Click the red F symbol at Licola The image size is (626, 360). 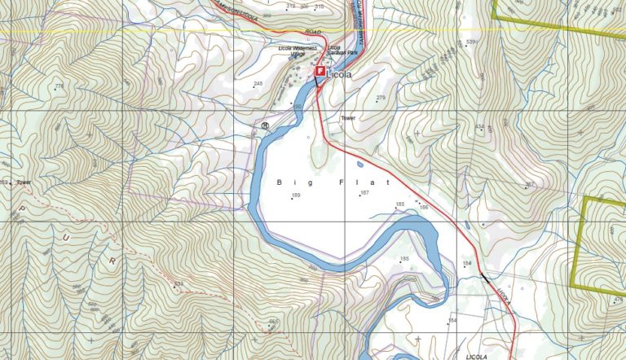[x=320, y=72]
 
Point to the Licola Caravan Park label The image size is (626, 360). [x=342, y=50]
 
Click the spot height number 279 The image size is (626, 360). [x=380, y=98]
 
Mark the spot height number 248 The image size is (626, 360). [x=258, y=84]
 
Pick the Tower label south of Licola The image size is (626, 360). [x=348, y=118]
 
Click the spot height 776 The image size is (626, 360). [x=59, y=86]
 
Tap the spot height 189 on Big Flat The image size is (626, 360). [x=296, y=196]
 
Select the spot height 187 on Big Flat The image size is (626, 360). [x=364, y=193]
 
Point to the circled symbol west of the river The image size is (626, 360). [x=266, y=126]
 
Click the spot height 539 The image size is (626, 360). [x=470, y=42]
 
